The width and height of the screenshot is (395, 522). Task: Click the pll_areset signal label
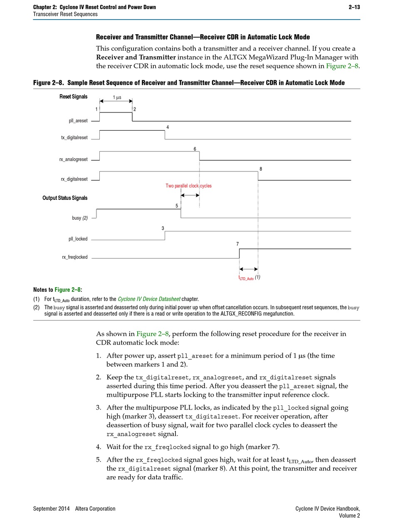click(x=78, y=121)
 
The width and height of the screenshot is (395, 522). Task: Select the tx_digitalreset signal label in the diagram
click(x=74, y=138)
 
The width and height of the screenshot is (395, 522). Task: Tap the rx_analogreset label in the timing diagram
click(x=74, y=159)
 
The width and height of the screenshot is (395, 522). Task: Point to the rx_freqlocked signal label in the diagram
click(x=75, y=257)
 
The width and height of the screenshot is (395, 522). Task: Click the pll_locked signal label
click(x=78, y=239)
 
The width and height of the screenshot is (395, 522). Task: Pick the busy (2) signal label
click(x=80, y=218)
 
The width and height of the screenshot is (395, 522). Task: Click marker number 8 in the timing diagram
click(x=261, y=169)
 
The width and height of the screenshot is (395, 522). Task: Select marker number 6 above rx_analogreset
click(x=195, y=149)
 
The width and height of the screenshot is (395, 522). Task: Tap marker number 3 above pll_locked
click(x=163, y=228)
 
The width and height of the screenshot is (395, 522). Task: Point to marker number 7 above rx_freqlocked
click(x=237, y=244)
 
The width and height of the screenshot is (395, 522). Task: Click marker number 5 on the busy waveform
click(x=177, y=206)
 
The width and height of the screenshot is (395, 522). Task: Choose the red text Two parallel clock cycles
click(x=188, y=186)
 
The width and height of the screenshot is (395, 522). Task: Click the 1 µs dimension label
click(x=117, y=97)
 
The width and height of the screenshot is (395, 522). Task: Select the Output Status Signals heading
click(x=65, y=198)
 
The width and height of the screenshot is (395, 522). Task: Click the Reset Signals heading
click(x=74, y=97)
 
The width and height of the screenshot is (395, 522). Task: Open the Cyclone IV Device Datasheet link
click(x=149, y=299)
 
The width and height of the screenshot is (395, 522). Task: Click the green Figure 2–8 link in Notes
click(x=68, y=290)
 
